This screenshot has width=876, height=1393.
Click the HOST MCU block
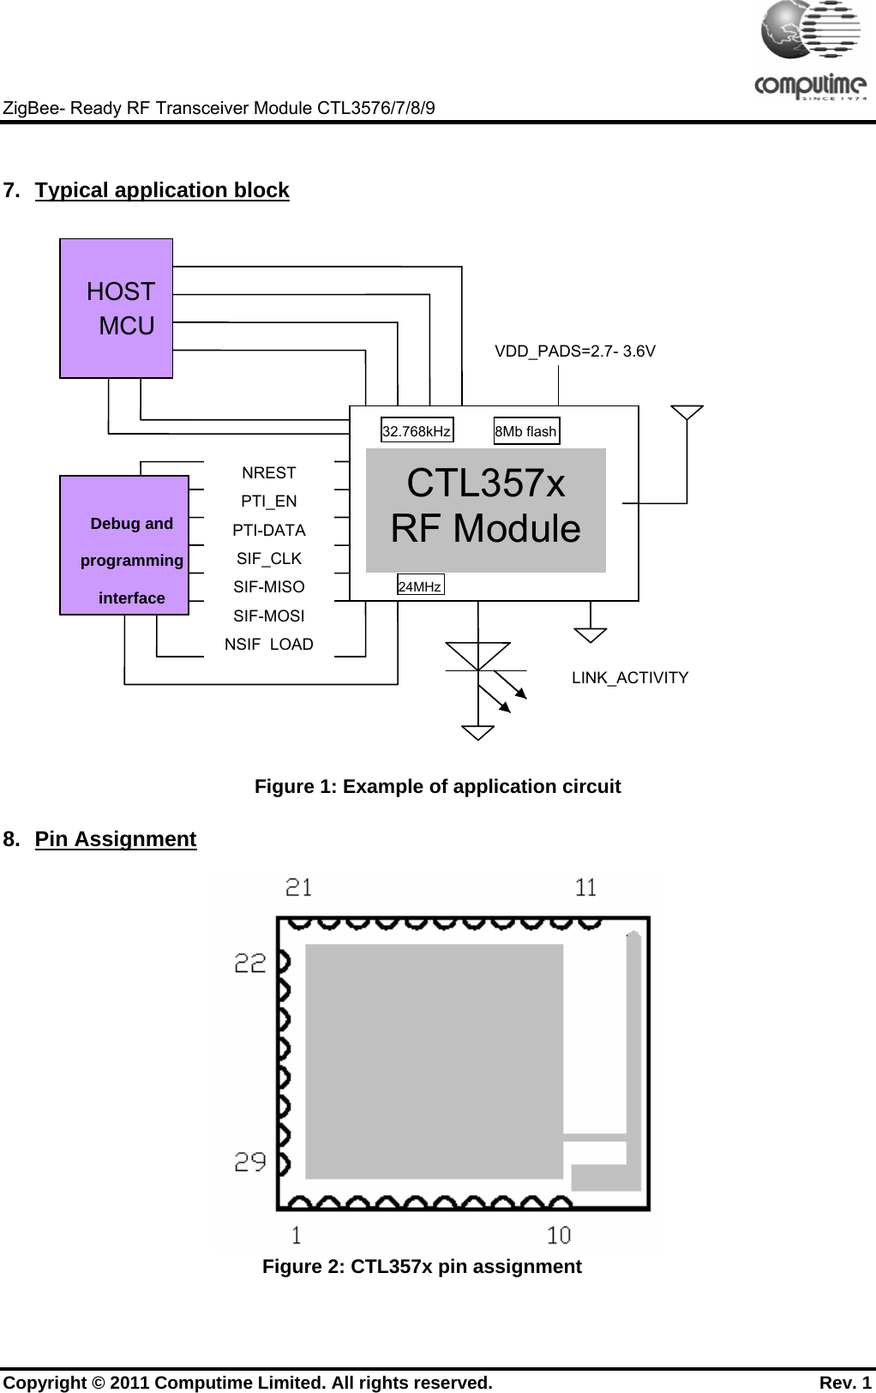pyautogui.click(x=117, y=309)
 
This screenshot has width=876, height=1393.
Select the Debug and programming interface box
pyautogui.click(x=124, y=545)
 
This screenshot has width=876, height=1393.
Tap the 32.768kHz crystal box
pyautogui.click(x=417, y=431)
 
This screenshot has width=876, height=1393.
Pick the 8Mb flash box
pyautogui.click(x=526, y=431)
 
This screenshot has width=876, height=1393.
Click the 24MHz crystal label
pyautogui.click(x=420, y=586)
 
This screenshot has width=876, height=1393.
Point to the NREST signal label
pyautogui.click(x=268, y=473)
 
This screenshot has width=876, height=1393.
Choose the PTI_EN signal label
pyautogui.click(x=268, y=501)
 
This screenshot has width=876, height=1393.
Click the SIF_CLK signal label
pyautogui.click(x=268, y=559)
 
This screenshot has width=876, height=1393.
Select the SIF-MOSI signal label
pyautogui.click(x=268, y=616)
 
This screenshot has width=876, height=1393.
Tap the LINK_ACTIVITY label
pyautogui.click(x=630, y=678)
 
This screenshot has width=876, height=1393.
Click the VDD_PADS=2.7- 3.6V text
pyautogui.click(x=575, y=351)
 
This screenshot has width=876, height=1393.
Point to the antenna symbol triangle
pyautogui.click(x=687, y=412)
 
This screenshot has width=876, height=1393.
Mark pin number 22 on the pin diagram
pyautogui.click(x=250, y=964)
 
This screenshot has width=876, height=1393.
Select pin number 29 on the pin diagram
pyautogui.click(x=250, y=1162)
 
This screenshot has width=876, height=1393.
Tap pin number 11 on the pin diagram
pyautogui.click(x=586, y=888)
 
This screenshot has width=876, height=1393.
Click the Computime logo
pyautogui.click(x=810, y=51)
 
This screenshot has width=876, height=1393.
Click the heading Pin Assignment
pyautogui.click(x=116, y=839)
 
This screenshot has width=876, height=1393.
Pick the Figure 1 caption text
pyautogui.click(x=437, y=787)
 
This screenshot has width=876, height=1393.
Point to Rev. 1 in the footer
pyautogui.click(x=845, y=1383)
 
